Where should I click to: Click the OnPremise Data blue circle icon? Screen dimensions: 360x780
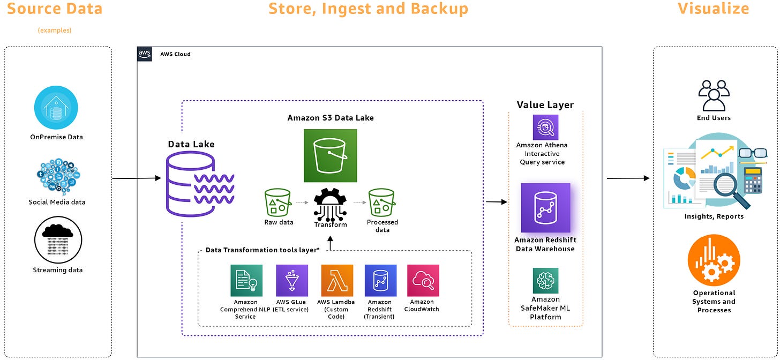56,108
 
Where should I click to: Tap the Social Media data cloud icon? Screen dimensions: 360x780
57,175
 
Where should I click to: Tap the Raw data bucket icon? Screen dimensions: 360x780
278,202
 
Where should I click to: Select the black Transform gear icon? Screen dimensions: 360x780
331,204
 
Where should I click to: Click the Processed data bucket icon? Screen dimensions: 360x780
382,202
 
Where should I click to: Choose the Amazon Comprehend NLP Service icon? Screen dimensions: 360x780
246,280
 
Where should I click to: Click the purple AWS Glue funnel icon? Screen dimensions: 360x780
292,280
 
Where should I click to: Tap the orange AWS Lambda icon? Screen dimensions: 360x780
337,280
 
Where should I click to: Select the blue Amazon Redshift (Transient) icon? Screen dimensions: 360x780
380,280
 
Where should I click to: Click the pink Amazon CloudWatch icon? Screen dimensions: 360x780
423,280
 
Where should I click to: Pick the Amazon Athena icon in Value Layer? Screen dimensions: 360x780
545,127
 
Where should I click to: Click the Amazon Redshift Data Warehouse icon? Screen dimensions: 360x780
545,208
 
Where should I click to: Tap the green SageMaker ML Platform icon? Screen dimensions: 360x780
545,281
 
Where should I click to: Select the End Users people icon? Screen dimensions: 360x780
714,95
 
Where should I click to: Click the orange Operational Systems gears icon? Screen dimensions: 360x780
714,259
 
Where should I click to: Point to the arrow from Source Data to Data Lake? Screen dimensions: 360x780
137,178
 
